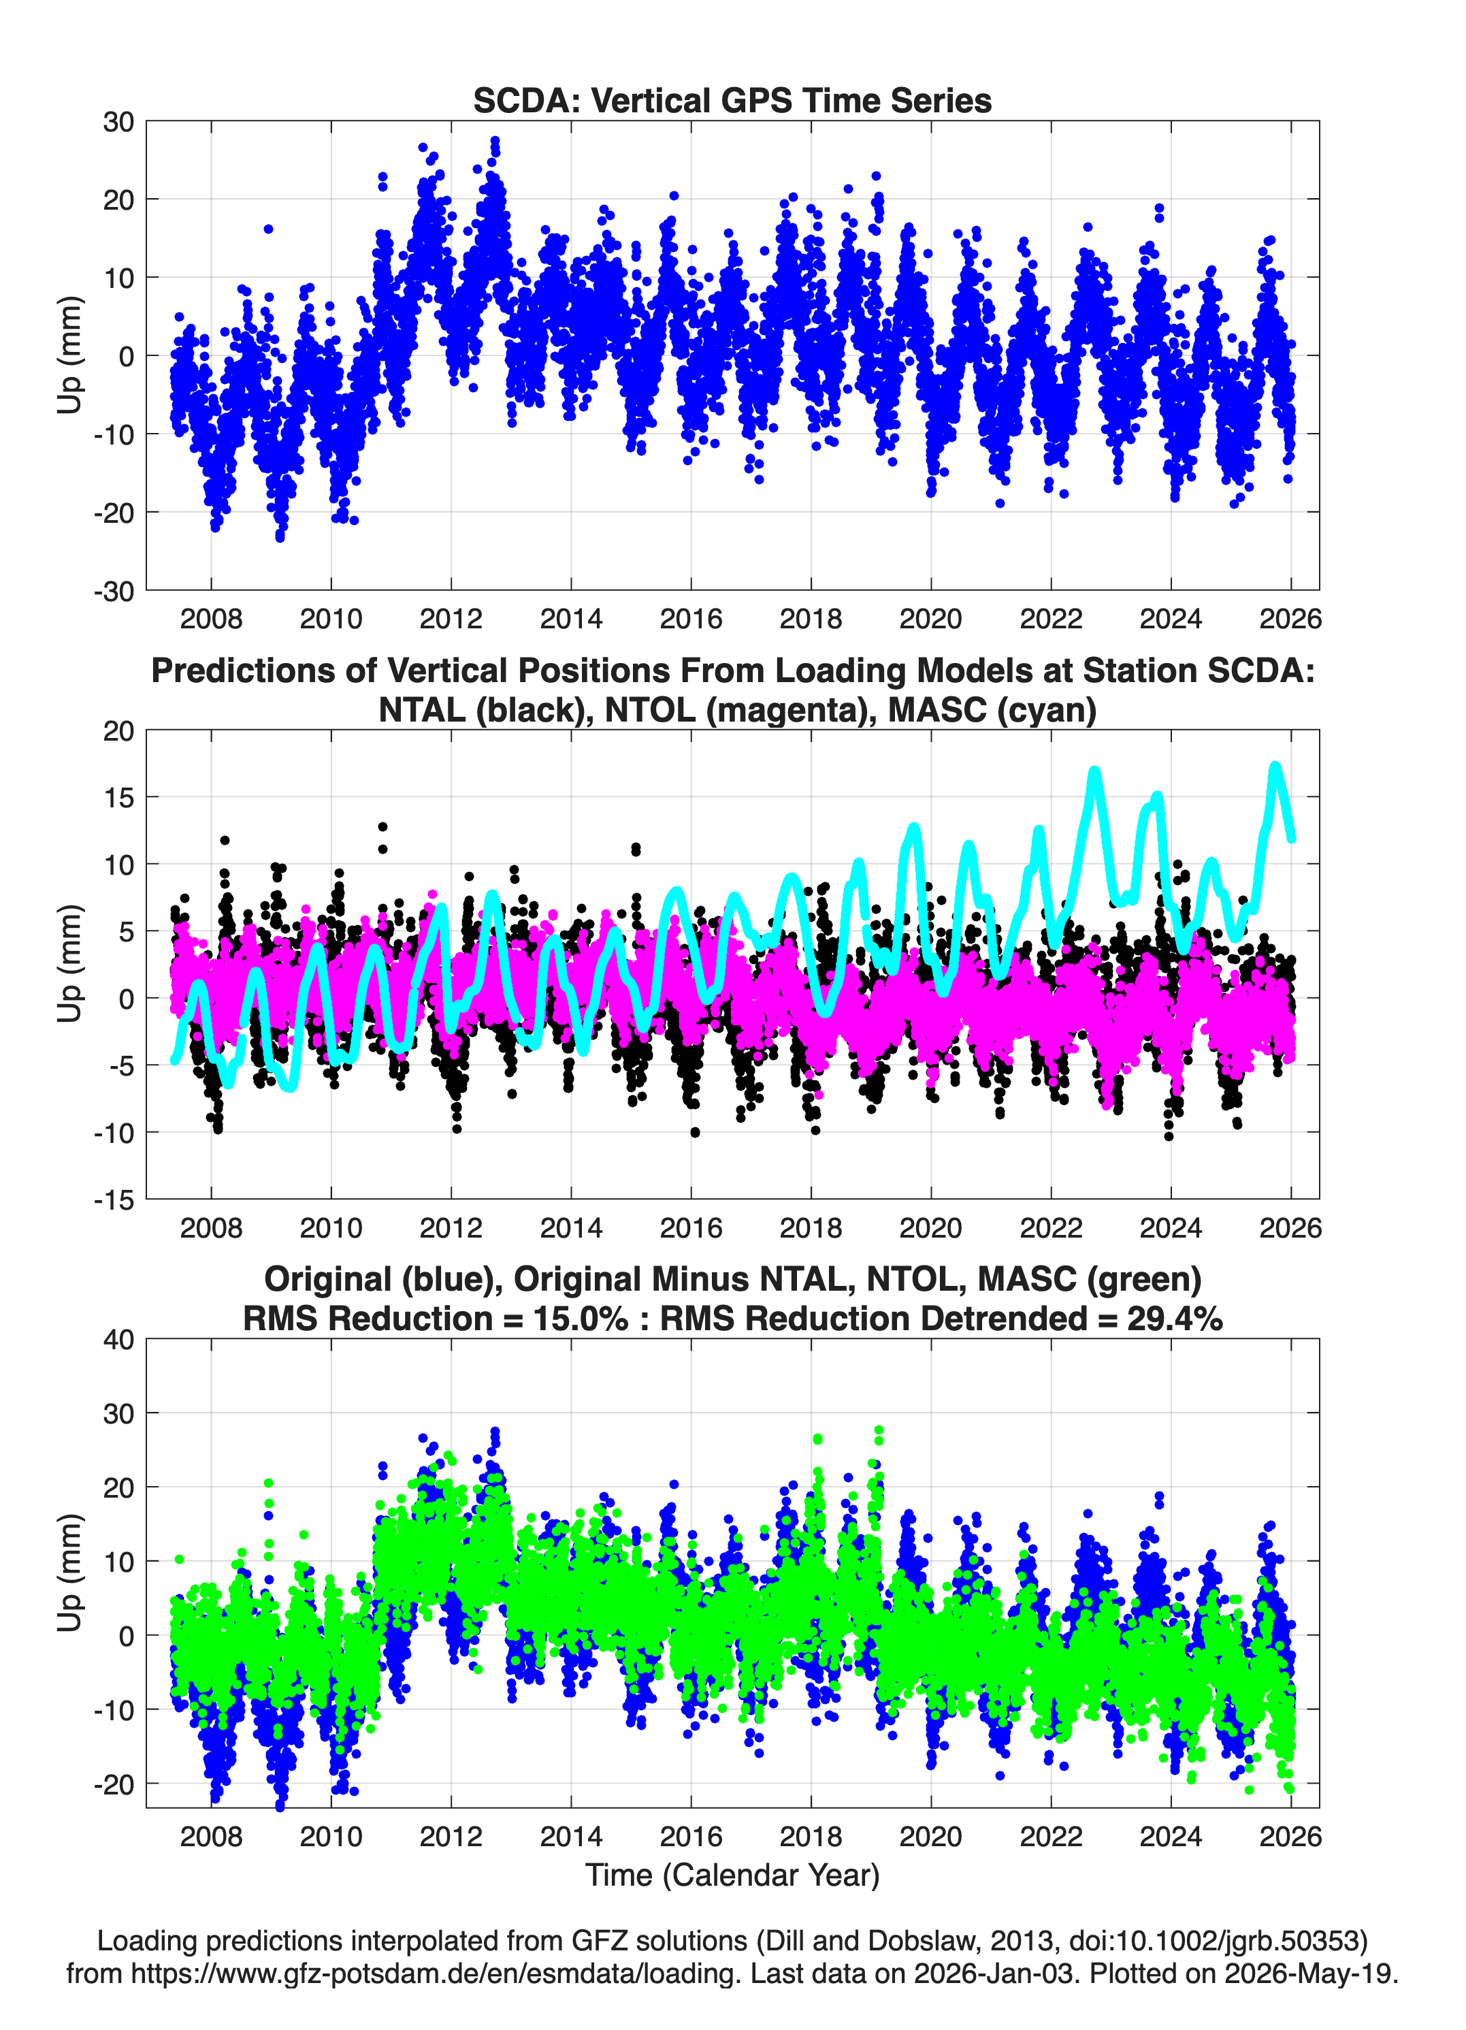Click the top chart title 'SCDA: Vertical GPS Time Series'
pyautogui.click(x=732, y=100)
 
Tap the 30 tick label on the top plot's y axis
pyautogui.click(x=118, y=122)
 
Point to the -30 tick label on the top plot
pyautogui.click(x=114, y=591)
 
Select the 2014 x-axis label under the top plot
pyautogui.click(x=571, y=619)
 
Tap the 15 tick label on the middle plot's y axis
pyautogui.click(x=118, y=796)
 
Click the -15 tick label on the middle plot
pyautogui.click(x=114, y=1199)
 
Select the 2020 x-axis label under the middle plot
pyautogui.click(x=931, y=1227)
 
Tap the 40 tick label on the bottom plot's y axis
pyautogui.click(x=118, y=1340)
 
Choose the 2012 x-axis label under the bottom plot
pyautogui.click(x=451, y=1836)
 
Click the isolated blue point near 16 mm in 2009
pyautogui.click(x=269, y=229)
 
